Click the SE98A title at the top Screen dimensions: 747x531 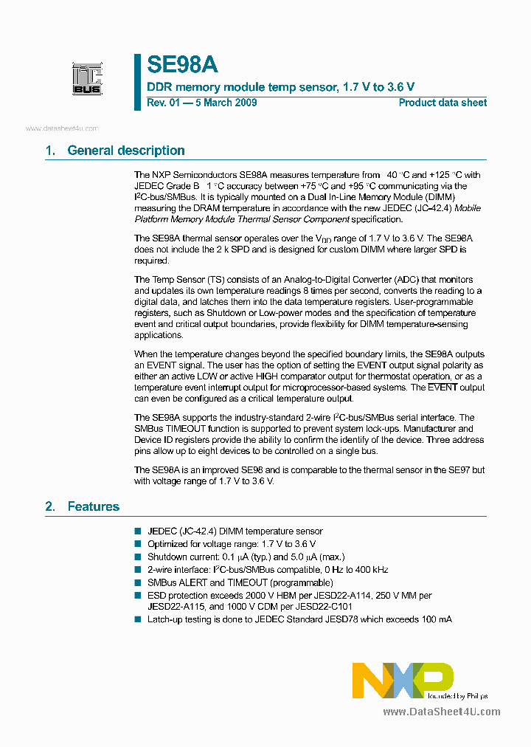[x=182, y=65]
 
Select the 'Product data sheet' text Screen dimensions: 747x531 [x=442, y=103]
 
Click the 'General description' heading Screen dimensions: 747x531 [x=125, y=151]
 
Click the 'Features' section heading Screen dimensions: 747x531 [x=93, y=506]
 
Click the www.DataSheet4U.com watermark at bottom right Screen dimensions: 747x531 [x=442, y=712]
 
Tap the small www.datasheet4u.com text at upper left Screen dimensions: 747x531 [x=55, y=128]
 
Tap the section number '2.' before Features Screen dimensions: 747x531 [x=50, y=506]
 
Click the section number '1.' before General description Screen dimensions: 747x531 [x=50, y=151]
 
